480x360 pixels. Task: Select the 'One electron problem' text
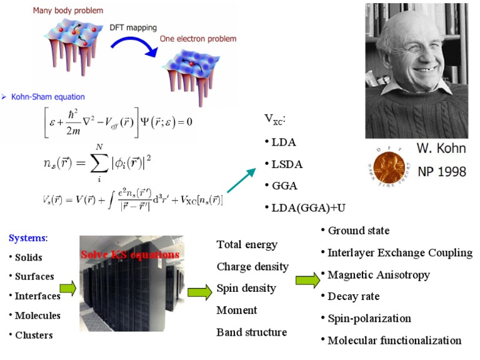[198, 39]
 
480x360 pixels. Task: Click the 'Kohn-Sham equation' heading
[47, 97]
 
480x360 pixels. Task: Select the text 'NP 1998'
[441, 171]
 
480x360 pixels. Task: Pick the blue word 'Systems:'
[28, 238]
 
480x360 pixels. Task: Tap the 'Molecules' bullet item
[38, 315]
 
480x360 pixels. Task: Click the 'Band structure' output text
[252, 332]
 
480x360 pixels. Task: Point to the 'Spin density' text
[246, 288]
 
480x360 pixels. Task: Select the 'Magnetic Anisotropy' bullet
[379, 275]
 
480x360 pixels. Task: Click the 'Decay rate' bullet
[354, 296]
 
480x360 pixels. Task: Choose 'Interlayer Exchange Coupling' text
[399, 253]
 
